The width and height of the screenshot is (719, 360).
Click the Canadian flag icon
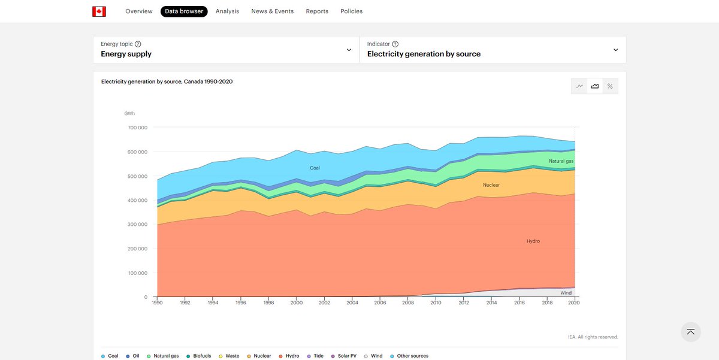point(99,11)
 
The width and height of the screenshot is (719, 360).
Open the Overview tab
point(138,11)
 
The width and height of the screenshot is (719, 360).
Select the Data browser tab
point(184,11)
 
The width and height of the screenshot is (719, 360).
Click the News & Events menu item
point(272,11)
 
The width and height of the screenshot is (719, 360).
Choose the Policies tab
point(351,11)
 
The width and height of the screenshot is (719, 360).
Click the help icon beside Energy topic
point(138,44)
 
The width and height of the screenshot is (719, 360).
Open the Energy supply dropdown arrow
point(349,50)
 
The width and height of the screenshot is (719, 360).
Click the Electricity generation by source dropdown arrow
point(615,50)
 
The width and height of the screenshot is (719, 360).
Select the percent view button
point(610,86)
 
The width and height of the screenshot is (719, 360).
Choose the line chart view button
point(579,86)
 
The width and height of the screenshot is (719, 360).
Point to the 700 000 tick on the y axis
point(137,128)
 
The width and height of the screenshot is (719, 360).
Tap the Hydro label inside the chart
point(533,241)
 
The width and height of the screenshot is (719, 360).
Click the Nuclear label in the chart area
point(491,185)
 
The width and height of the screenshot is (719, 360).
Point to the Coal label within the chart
point(315,168)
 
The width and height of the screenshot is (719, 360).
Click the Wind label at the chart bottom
point(566,293)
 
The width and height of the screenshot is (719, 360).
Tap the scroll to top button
point(691,332)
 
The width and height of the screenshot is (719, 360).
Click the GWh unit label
point(129,113)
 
